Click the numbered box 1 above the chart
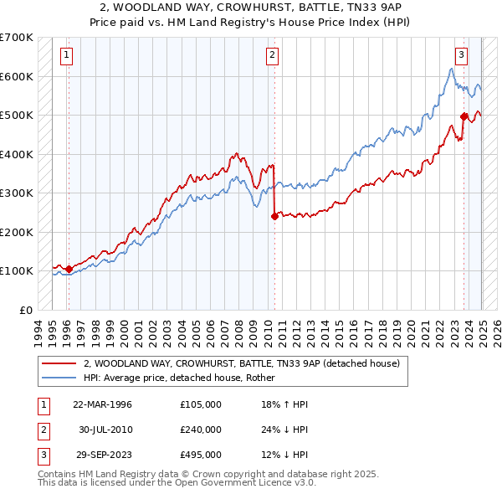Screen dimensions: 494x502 click(x=66, y=56)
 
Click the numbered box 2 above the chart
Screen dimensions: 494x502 click(x=273, y=56)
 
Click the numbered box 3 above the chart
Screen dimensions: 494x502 click(x=461, y=56)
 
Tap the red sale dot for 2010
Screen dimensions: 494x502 click(x=274, y=216)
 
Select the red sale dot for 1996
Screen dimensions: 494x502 click(x=69, y=269)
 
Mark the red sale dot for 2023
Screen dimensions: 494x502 click(x=464, y=116)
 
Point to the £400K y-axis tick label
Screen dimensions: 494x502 click(x=17, y=154)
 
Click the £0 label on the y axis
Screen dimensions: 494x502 click(x=25, y=310)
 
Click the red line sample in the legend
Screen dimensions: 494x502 click(x=59, y=363)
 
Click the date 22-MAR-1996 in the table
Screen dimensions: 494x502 click(x=103, y=404)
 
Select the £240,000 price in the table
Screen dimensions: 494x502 click(x=201, y=430)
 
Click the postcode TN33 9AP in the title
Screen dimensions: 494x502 click(x=372, y=6)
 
